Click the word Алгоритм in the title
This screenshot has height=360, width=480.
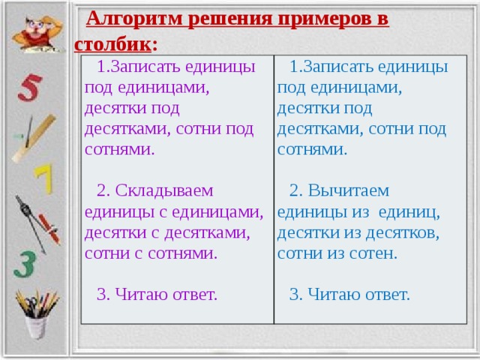134,19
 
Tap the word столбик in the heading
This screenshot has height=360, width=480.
112,45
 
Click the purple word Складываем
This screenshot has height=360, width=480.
164,190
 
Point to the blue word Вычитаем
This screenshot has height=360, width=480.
348,190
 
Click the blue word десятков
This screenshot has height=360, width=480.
403,233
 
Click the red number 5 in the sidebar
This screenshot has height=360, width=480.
30,88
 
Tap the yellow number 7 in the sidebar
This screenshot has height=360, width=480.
43,178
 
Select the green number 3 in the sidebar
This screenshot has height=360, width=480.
25,265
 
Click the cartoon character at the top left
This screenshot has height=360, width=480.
38,34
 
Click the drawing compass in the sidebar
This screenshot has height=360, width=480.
31,223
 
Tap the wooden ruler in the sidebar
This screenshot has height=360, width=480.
34,138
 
